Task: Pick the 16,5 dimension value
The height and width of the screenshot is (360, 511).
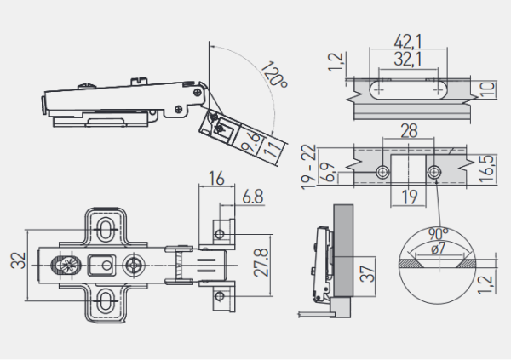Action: click(485, 164)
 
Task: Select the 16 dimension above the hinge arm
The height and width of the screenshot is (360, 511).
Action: click(214, 179)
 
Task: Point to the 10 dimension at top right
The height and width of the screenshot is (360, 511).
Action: click(486, 89)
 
